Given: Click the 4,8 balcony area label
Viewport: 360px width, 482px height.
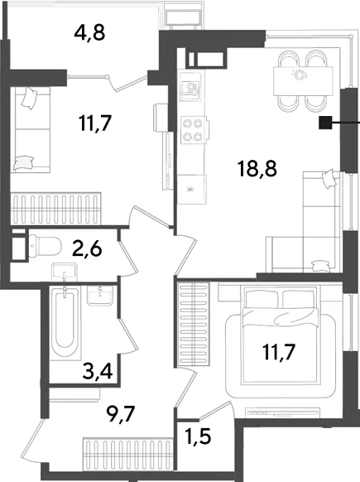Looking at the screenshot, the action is click(x=89, y=33).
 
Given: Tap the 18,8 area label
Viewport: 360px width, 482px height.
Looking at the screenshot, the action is click(x=257, y=169).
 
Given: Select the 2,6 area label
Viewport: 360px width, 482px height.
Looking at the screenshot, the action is click(x=87, y=248).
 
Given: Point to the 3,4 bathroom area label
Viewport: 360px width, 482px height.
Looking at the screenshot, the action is click(x=98, y=371).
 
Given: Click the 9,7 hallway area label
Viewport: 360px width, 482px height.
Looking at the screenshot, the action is click(x=120, y=414).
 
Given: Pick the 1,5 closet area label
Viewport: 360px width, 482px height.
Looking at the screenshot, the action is click(x=198, y=436).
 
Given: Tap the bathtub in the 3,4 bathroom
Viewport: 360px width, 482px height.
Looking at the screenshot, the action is click(x=65, y=322).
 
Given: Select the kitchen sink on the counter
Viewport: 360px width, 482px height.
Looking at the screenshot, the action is click(x=190, y=87).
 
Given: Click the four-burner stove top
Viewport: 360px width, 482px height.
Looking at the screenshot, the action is click(x=193, y=129).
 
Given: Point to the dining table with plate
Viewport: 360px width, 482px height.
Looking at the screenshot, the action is click(x=303, y=80).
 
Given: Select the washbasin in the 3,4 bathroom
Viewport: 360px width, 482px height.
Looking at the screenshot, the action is click(x=100, y=295).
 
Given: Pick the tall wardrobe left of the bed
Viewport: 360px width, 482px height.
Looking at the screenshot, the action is click(x=194, y=325).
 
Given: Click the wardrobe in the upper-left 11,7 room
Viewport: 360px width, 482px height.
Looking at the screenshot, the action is click(x=56, y=209).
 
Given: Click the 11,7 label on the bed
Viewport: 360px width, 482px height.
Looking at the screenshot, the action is click(x=279, y=352).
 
